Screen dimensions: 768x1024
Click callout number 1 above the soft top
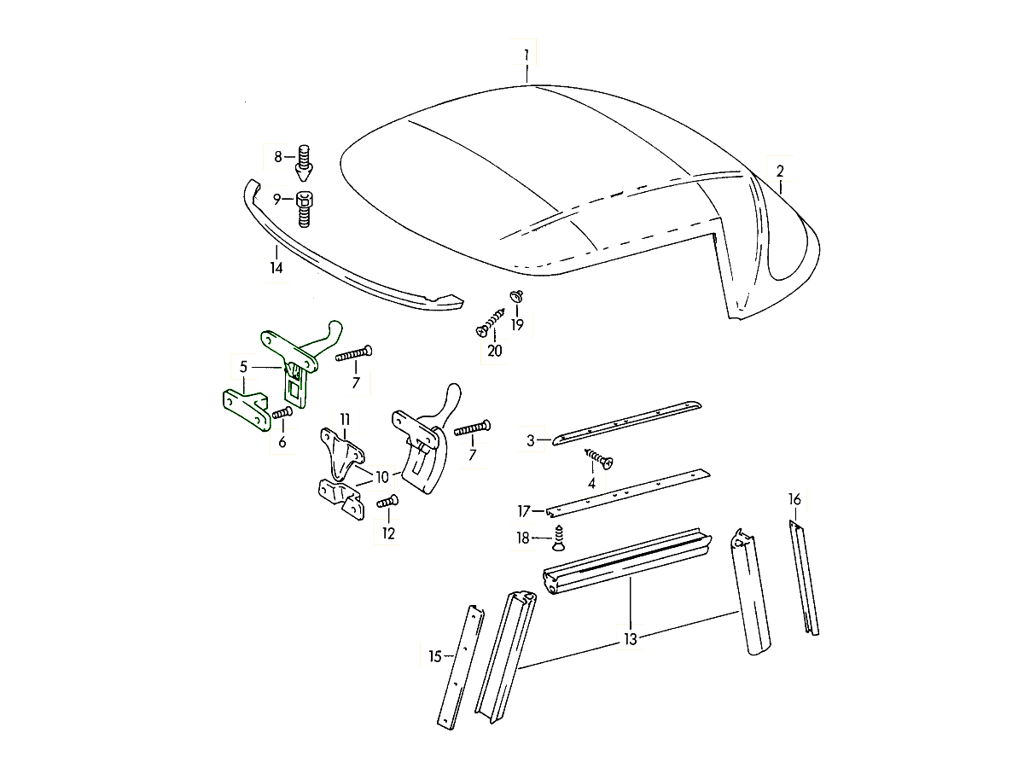(x=527, y=55)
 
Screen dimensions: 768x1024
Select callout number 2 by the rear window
(x=779, y=171)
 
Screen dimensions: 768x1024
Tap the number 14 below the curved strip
(x=276, y=268)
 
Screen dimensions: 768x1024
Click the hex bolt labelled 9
(x=305, y=208)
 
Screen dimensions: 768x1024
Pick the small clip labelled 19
(x=517, y=296)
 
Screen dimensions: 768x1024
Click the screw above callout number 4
(x=600, y=461)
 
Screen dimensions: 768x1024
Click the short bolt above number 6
(x=282, y=413)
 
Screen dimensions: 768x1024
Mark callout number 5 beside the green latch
(x=243, y=367)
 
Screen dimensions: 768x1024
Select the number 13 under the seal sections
(x=631, y=637)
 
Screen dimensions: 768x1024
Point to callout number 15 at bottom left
(x=435, y=656)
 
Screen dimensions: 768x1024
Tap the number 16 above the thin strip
(x=794, y=499)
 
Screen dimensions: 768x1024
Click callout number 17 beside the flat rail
(x=524, y=512)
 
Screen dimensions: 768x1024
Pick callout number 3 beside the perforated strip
(x=531, y=441)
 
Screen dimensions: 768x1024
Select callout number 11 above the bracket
(x=345, y=419)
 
